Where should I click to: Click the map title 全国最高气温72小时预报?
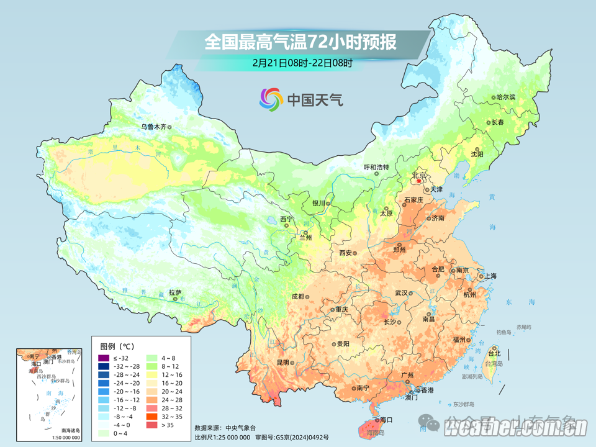tap(300, 42)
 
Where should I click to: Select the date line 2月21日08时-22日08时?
tap(302, 62)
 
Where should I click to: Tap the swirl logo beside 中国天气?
tap(271, 99)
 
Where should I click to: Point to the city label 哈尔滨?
tap(506, 97)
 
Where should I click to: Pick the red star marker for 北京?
tap(418, 181)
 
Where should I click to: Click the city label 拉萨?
tap(175, 292)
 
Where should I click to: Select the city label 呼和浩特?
tap(376, 167)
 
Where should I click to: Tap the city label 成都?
tap(297, 296)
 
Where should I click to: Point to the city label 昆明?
tap(283, 362)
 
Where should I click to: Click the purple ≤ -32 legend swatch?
tap(103, 358)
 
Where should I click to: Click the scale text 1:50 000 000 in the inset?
tap(62, 437)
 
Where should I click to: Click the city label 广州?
tap(407, 376)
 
